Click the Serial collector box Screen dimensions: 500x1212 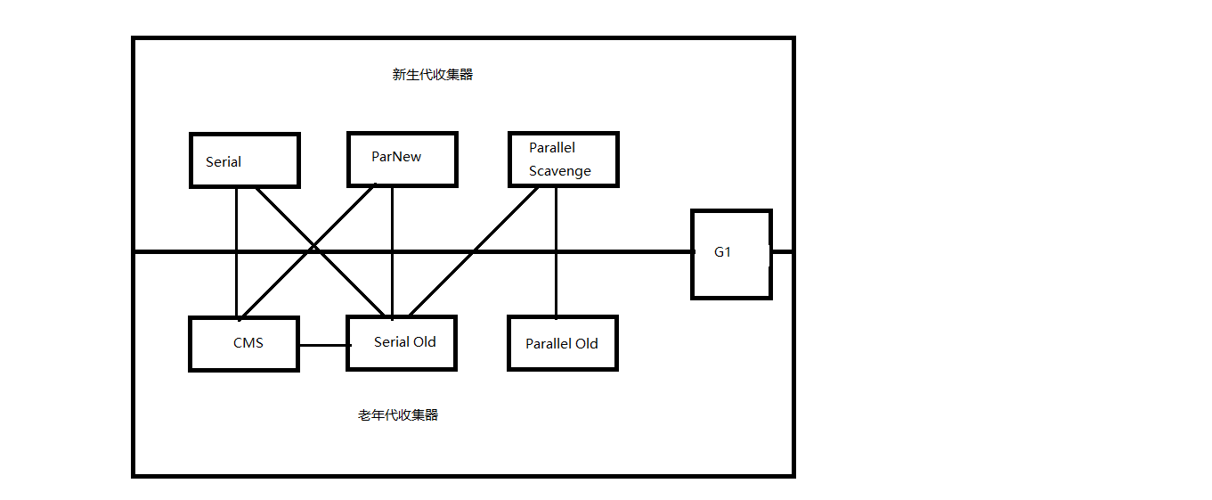[244, 160]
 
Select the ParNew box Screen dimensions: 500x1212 [402, 160]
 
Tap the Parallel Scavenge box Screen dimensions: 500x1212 [563, 160]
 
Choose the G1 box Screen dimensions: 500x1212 [731, 254]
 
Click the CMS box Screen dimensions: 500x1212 [243, 343]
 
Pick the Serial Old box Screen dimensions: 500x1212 [401, 343]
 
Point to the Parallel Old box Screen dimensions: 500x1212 [562, 343]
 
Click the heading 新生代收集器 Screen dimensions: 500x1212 [433, 75]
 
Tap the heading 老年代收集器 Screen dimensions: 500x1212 [398, 415]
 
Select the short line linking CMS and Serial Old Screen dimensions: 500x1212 [321, 345]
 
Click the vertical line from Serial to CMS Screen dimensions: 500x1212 [236, 223]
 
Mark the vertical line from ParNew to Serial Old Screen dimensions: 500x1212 [393, 223]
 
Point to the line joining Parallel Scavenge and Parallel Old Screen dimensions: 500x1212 [557, 223]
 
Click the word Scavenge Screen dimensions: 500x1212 [559, 171]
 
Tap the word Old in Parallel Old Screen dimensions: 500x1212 [586, 344]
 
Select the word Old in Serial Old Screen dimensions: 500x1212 [424, 342]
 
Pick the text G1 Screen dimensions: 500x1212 [722, 252]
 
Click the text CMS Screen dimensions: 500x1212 [248, 343]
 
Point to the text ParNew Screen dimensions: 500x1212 [396, 157]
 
